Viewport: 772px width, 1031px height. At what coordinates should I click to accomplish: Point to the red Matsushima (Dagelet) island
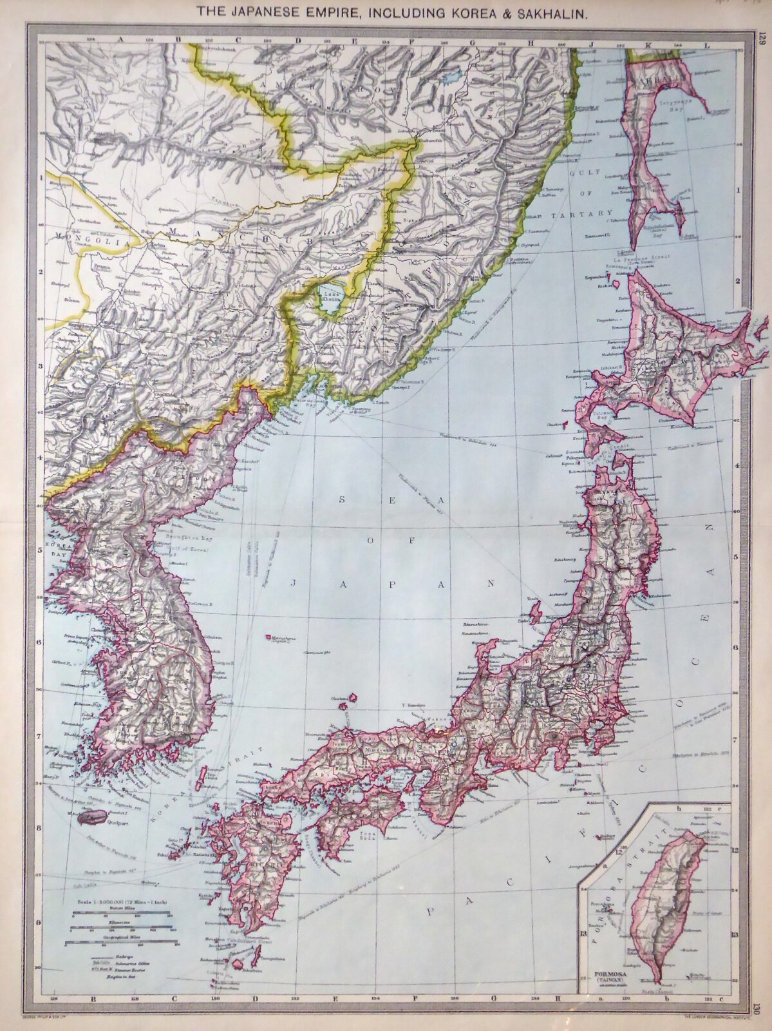(267, 637)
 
